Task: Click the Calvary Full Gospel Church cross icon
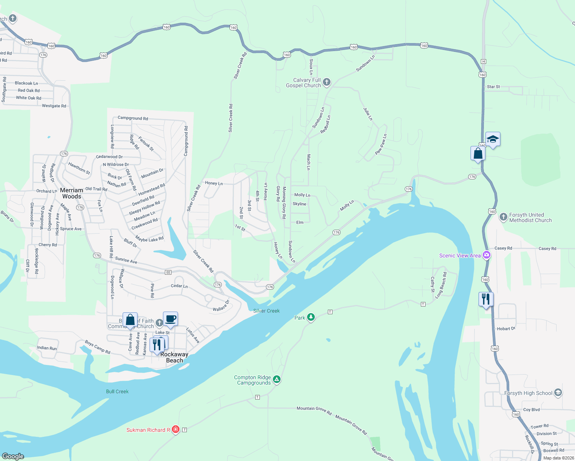327,82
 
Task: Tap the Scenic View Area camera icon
487,255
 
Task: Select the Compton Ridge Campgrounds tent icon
277,380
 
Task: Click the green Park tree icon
311,317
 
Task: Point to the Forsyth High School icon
558,393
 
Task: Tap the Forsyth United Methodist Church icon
503,217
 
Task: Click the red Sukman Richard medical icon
176,429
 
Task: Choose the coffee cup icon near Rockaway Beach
170,319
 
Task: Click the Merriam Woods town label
71,193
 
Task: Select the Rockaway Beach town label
174,357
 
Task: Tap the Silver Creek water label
266,311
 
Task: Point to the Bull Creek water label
117,391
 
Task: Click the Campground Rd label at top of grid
133,118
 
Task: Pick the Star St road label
493,87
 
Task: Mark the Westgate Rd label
54,106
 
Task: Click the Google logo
13,456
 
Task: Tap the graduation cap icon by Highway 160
492,139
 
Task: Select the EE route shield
168,272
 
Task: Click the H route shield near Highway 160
484,61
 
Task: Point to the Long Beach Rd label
441,285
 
